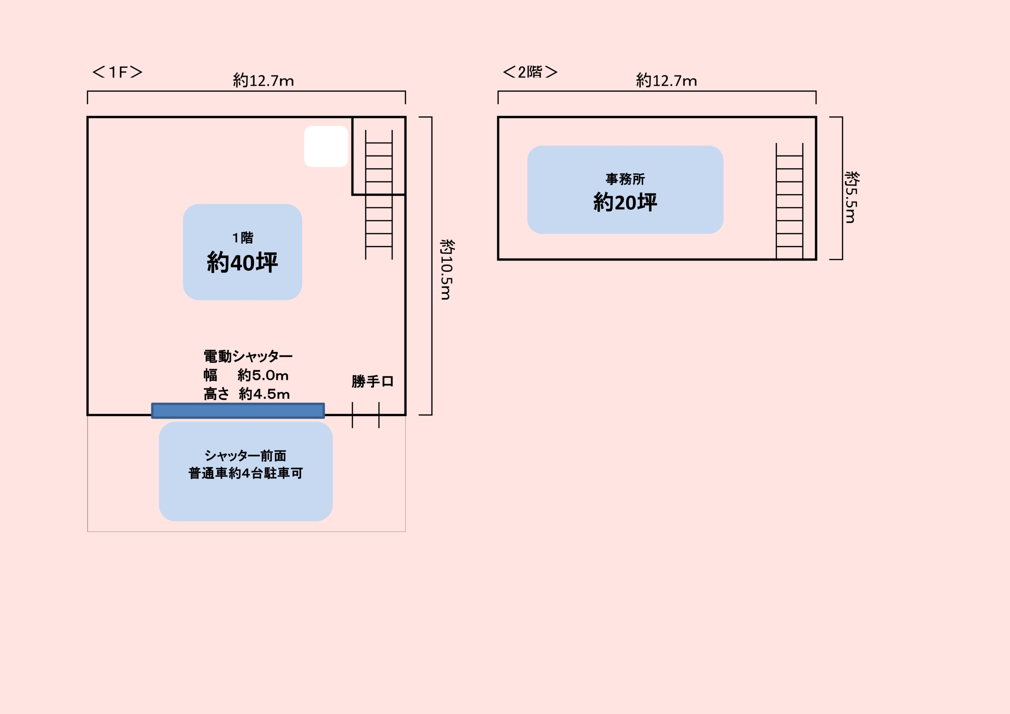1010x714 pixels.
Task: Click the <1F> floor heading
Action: [x=117, y=72]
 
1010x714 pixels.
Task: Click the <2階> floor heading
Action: [x=530, y=72]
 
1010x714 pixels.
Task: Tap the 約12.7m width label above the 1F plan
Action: [x=263, y=80]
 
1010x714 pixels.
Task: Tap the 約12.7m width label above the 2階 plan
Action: [x=666, y=80]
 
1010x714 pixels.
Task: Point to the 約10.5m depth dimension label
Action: [x=447, y=270]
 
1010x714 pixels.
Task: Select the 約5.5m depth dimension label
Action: [x=852, y=197]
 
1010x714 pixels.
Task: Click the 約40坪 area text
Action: [x=242, y=262]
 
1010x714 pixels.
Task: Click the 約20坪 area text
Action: [x=625, y=202]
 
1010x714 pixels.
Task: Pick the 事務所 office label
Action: [x=625, y=179]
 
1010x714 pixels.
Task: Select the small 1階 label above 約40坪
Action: [x=243, y=237]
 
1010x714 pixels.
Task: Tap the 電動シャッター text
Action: [x=248, y=356]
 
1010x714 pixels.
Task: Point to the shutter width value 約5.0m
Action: [x=263, y=375]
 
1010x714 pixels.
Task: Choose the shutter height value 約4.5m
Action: [x=264, y=394]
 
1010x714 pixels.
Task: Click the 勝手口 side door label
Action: [x=372, y=381]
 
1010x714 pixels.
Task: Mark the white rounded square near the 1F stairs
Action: [x=326, y=146]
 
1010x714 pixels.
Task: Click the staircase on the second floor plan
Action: [x=789, y=201]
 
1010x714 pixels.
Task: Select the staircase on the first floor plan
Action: [x=379, y=194]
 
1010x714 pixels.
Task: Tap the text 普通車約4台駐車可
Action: [x=245, y=473]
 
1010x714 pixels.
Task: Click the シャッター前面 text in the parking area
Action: [x=245, y=455]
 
